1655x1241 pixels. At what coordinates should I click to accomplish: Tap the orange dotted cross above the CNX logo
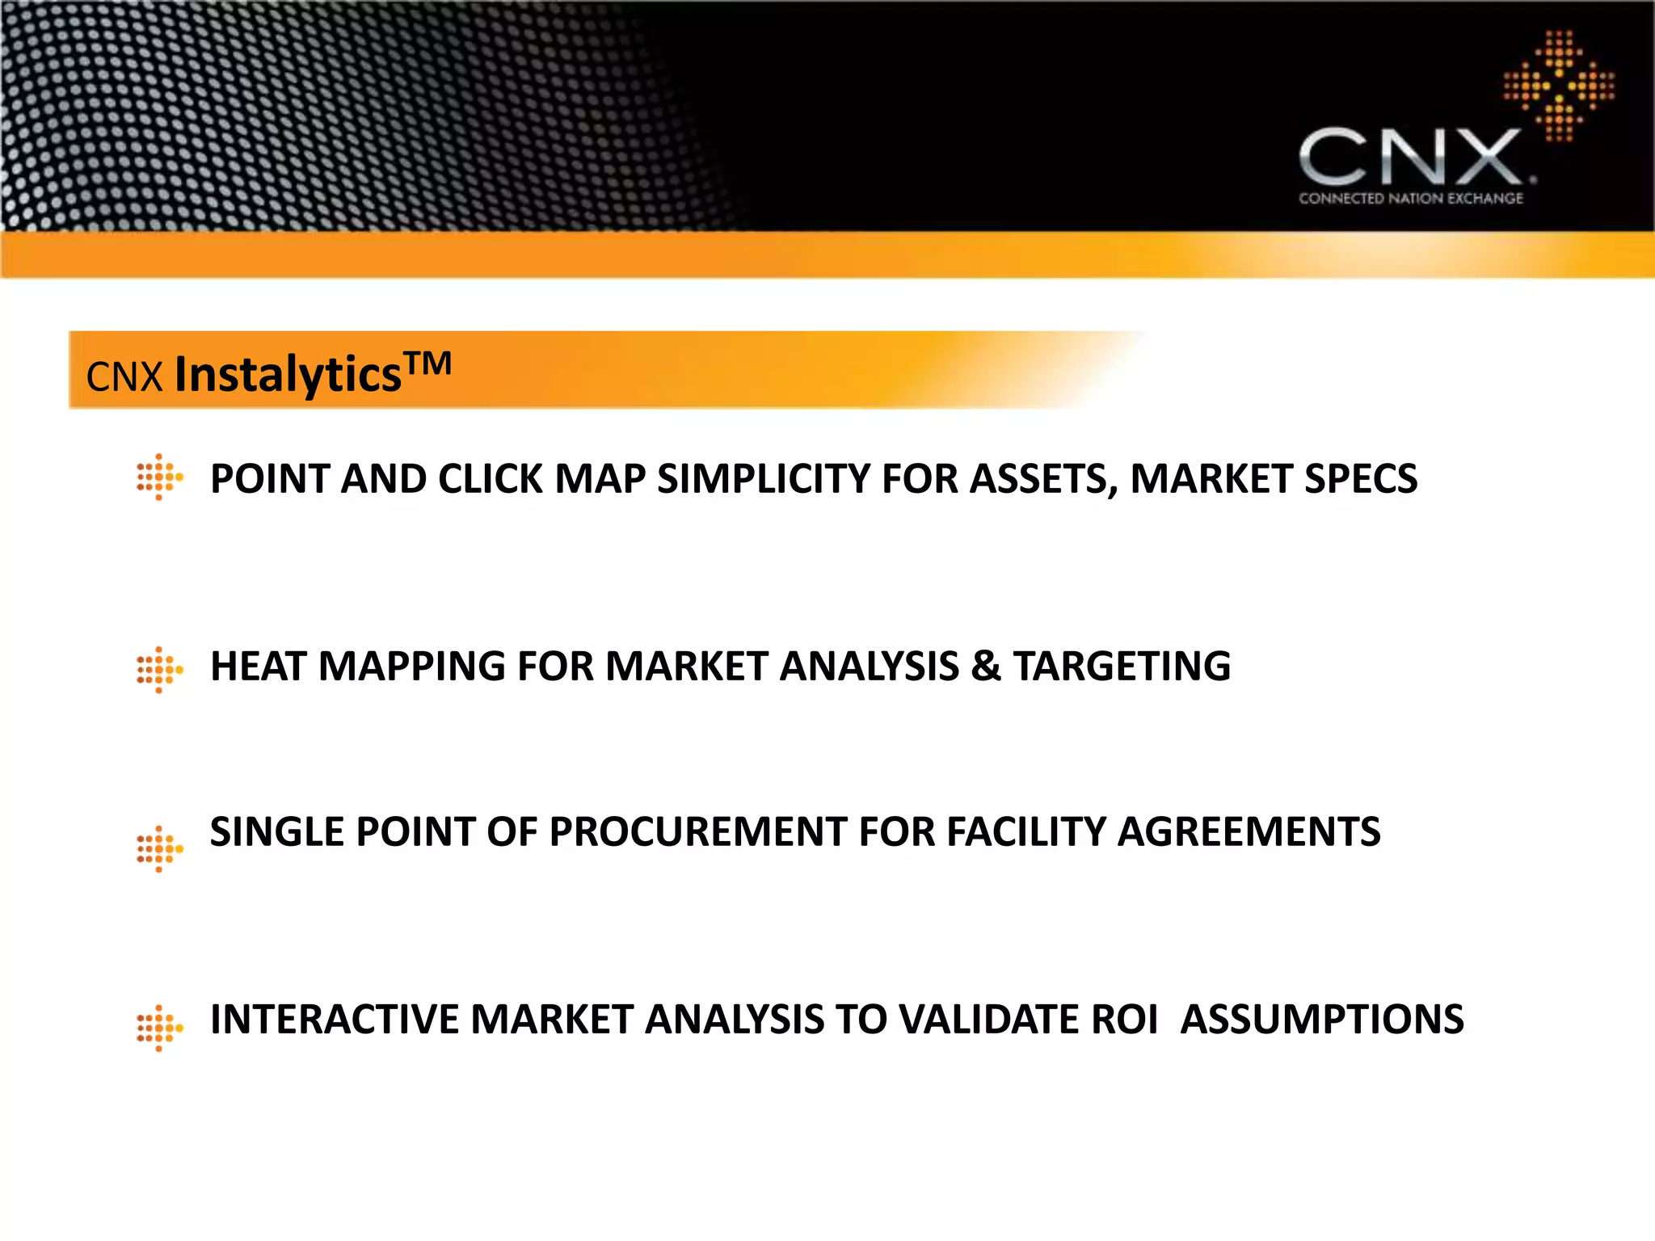1559,86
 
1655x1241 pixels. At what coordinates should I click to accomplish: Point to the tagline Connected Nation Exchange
1410,199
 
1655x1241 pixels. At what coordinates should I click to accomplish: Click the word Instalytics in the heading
288,375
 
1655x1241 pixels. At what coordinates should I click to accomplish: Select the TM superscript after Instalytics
427,364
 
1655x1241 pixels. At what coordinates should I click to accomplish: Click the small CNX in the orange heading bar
124,377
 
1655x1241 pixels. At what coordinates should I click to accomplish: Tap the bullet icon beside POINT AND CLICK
159,477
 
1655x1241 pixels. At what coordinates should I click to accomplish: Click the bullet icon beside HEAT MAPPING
159,670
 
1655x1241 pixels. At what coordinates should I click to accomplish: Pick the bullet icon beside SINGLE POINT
159,849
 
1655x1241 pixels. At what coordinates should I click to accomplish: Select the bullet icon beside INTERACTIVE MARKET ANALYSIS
159,1029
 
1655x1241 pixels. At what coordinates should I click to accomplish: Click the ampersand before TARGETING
985,667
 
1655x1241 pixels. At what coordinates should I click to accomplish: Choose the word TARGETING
1122,667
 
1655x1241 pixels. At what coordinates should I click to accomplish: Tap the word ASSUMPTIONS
1322,1020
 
